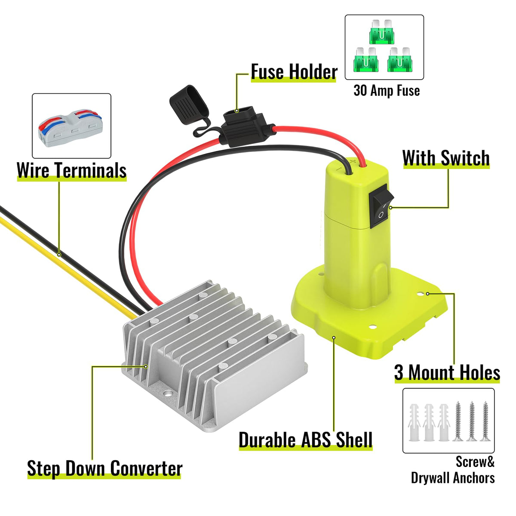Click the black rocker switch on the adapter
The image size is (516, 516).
coord(381,206)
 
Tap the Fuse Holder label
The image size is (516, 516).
coord(294,71)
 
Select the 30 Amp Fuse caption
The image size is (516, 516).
coord(386,90)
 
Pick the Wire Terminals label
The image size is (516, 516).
coord(71,170)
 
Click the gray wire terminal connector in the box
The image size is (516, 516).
coord(71,125)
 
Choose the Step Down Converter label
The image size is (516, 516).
coord(104,468)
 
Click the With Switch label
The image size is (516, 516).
coord(446,158)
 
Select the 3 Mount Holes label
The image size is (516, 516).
coord(447,372)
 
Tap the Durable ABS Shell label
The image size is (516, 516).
coord(305,440)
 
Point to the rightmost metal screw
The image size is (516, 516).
coord(485,421)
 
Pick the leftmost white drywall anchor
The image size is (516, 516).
coord(414,421)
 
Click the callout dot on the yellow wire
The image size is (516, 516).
coord(59,255)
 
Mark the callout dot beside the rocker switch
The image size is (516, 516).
coord(390,208)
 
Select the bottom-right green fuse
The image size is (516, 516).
coord(400,60)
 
